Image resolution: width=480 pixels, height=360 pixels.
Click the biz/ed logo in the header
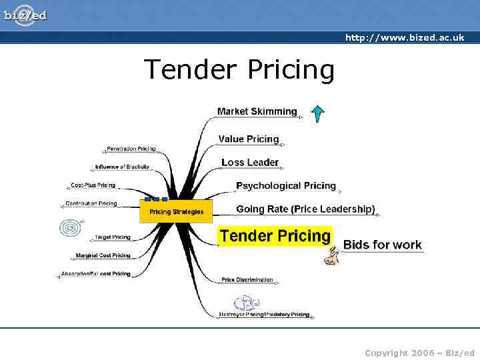click(x=25, y=15)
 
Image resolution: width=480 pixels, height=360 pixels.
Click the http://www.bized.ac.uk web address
click(x=404, y=38)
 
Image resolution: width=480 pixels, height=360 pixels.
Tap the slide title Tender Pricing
click(x=239, y=69)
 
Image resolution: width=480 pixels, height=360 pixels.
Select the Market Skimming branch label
click(x=257, y=111)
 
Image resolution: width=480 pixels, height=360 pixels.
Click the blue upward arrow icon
click(x=318, y=113)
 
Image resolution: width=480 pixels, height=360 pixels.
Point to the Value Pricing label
click(x=248, y=139)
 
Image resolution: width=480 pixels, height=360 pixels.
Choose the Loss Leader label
click(x=249, y=162)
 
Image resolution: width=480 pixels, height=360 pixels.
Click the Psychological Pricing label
click(x=285, y=185)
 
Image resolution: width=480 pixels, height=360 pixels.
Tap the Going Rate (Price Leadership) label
click(x=305, y=209)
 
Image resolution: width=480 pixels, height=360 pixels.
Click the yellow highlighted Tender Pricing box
click(x=275, y=236)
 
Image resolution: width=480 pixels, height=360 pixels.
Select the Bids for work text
click(x=382, y=245)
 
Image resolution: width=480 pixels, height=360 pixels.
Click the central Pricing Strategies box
click(x=176, y=211)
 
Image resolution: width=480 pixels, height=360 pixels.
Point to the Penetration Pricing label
click(x=131, y=149)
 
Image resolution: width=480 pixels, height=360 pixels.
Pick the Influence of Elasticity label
click(x=122, y=167)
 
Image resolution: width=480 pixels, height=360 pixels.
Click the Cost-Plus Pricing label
click(x=93, y=185)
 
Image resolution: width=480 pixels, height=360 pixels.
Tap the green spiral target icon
click(x=71, y=228)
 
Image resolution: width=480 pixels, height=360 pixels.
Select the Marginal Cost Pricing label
click(x=103, y=255)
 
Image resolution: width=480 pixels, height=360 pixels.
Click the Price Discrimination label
click(x=247, y=280)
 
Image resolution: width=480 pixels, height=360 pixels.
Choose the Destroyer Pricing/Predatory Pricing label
click(x=264, y=315)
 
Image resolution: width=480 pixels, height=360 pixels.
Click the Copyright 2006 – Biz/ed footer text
click(x=419, y=353)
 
